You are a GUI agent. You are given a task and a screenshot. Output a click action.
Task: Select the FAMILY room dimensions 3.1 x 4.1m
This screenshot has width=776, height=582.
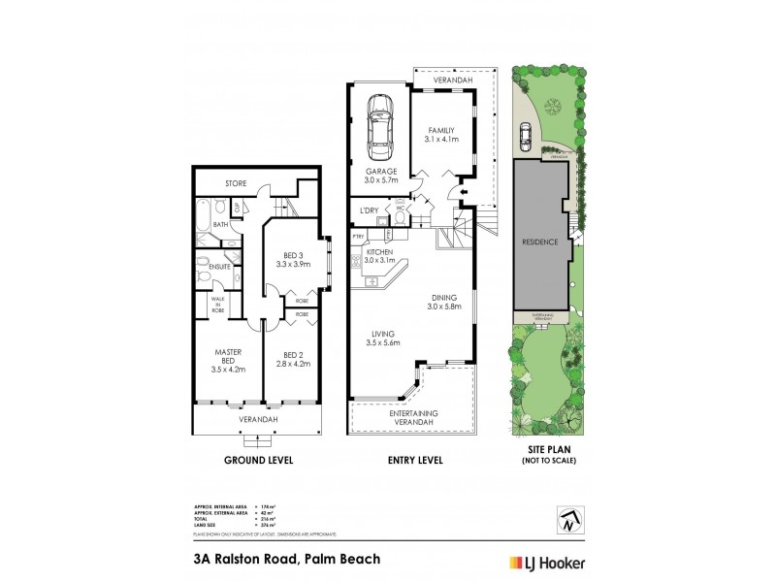[440, 139]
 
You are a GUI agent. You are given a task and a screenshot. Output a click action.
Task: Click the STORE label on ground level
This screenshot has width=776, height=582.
[236, 182]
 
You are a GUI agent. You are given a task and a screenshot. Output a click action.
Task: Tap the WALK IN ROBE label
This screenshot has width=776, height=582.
[219, 305]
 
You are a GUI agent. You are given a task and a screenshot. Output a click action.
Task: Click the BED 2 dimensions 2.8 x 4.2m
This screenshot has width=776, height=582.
[292, 364]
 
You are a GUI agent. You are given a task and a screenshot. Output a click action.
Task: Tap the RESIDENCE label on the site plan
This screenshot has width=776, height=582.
[540, 242]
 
